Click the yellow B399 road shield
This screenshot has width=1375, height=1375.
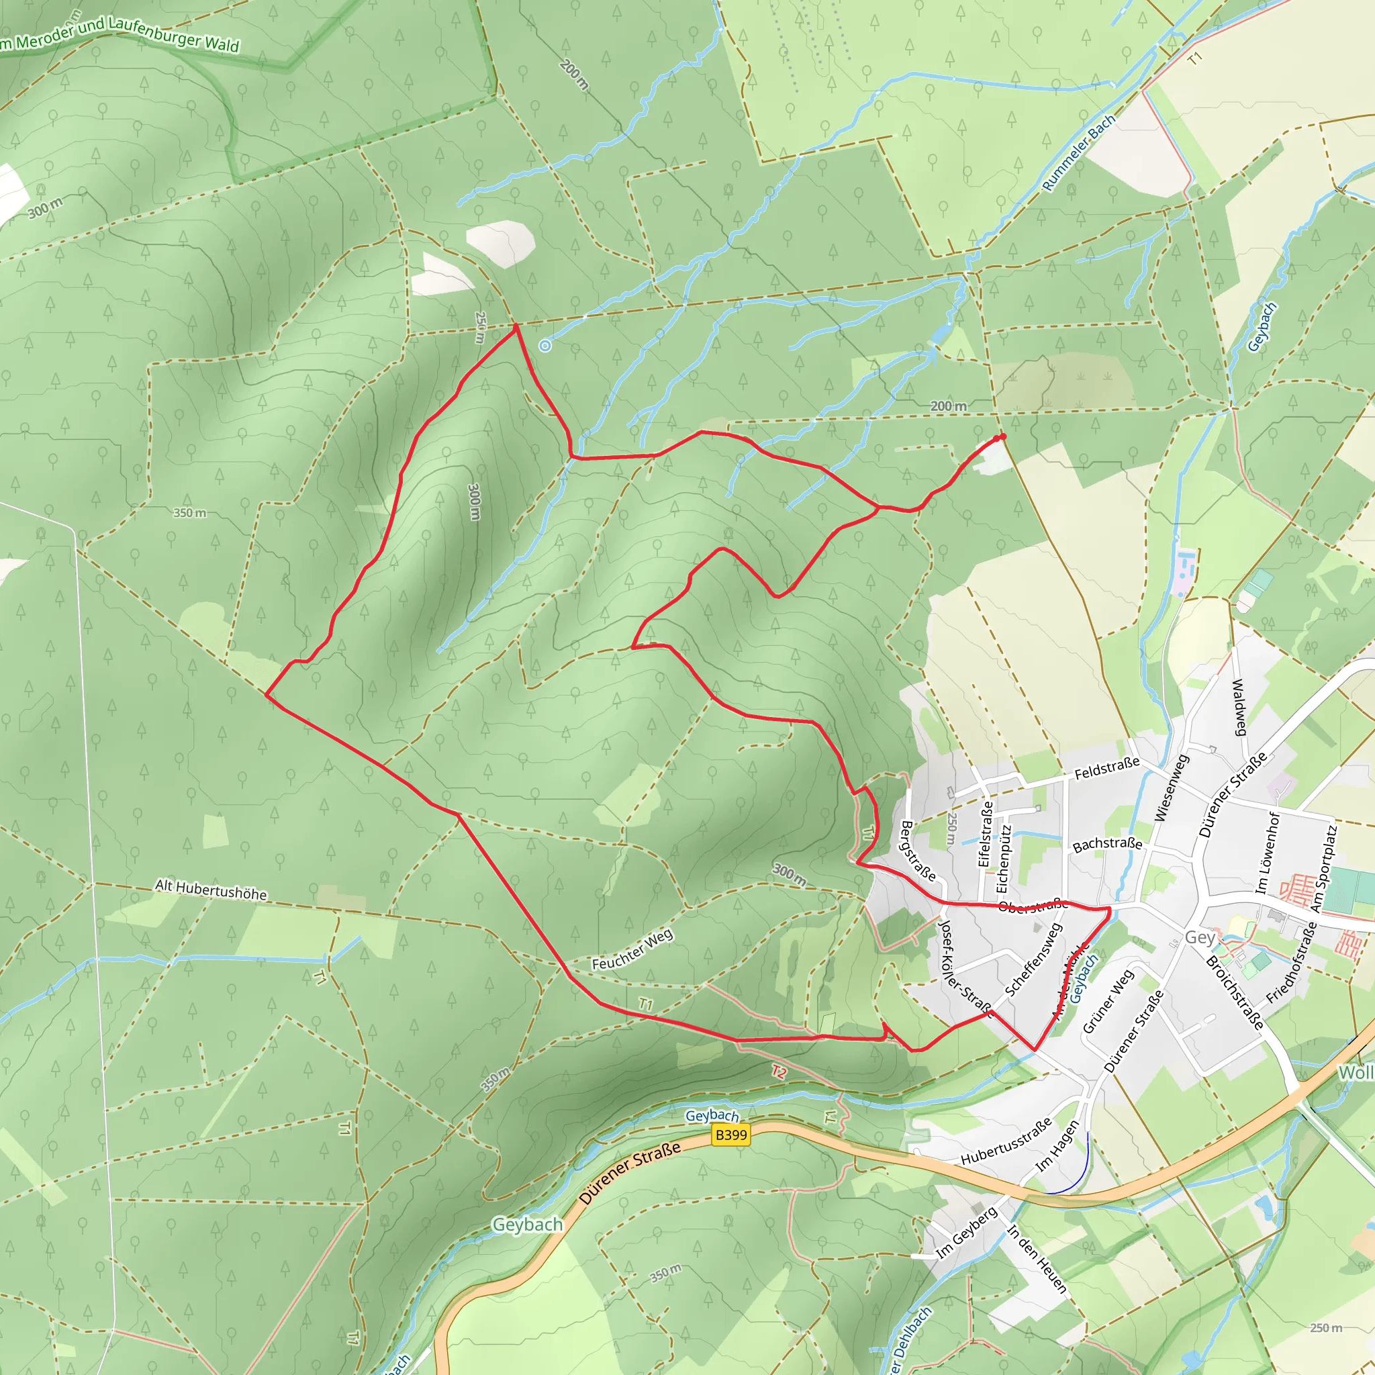pyautogui.click(x=731, y=1135)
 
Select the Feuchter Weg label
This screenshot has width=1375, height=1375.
pyautogui.click(x=632, y=950)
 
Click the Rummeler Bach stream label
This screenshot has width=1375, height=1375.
pyautogui.click(x=1078, y=154)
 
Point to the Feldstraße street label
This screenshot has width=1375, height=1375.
pyautogui.click(x=1106, y=768)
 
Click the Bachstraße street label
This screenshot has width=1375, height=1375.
pyautogui.click(x=1106, y=844)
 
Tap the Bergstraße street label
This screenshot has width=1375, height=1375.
pyautogui.click(x=917, y=851)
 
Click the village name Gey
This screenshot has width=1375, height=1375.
pyautogui.click(x=1199, y=937)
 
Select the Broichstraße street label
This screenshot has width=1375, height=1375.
pyautogui.click(x=1234, y=992)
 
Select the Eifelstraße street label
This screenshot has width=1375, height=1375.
pyautogui.click(x=985, y=834)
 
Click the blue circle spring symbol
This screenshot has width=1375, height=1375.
pyautogui.click(x=545, y=346)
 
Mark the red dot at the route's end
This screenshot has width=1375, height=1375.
pyautogui.click(x=1003, y=436)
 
